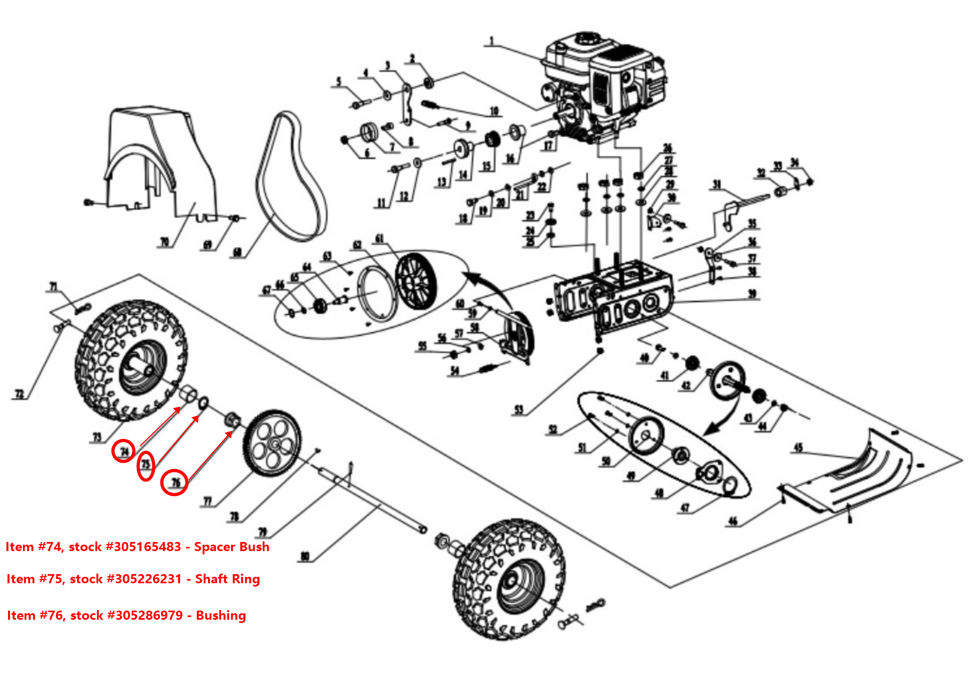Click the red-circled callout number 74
pos(123,451)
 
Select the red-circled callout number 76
pos(175,482)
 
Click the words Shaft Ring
pos(227,579)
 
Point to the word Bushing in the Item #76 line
pos(221,615)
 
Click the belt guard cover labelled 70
pos(161,161)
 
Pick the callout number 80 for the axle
pos(305,556)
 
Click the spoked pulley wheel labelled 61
pos(416,281)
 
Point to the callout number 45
pos(798,448)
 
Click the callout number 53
pos(519,410)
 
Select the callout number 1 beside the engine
pos(491,41)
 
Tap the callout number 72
pos(19,394)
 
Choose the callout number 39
pos(752,294)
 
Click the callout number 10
pos(494,111)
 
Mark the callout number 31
pos(717,185)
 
